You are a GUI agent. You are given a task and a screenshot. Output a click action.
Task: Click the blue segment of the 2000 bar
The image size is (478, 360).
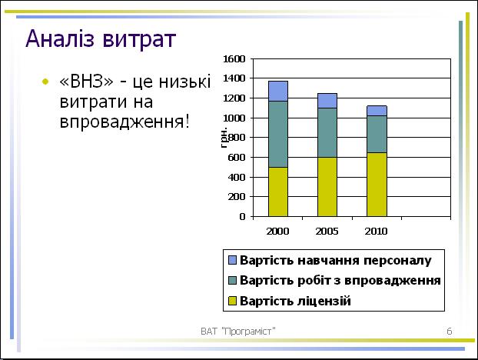point(278,91)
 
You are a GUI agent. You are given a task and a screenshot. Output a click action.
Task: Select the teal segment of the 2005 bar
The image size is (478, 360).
point(327,133)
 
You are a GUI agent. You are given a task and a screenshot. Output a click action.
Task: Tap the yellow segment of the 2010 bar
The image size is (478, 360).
point(377,185)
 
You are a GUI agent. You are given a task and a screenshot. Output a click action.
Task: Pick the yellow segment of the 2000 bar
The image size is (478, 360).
point(278,192)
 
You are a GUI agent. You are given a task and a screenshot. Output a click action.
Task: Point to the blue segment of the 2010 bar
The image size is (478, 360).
point(377,111)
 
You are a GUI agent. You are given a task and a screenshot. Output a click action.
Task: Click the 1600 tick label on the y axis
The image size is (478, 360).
point(234,59)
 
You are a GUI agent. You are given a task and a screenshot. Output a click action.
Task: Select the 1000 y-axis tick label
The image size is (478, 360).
point(234,118)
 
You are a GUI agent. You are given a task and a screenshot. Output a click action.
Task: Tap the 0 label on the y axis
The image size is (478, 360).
point(242,217)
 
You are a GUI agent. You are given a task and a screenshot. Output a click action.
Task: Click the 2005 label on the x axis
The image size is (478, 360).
point(327,232)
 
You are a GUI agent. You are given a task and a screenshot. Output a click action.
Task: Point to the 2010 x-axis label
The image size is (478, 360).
point(377,232)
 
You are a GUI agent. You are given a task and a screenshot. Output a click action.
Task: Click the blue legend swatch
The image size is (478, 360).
point(232,260)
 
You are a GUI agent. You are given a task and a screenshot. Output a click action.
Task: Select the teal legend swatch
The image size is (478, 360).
point(232,280)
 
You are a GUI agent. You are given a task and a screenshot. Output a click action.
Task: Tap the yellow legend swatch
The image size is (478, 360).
point(232,301)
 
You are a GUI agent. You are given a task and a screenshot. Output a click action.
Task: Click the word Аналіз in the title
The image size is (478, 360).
point(60,38)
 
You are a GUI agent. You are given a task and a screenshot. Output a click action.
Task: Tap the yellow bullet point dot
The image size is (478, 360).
point(45,82)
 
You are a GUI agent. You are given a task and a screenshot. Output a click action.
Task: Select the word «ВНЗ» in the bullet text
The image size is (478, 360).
point(87,82)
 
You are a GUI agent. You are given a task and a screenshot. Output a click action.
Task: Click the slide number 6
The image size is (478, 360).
point(450,332)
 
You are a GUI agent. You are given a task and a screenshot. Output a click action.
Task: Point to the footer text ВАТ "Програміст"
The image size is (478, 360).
point(238,332)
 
